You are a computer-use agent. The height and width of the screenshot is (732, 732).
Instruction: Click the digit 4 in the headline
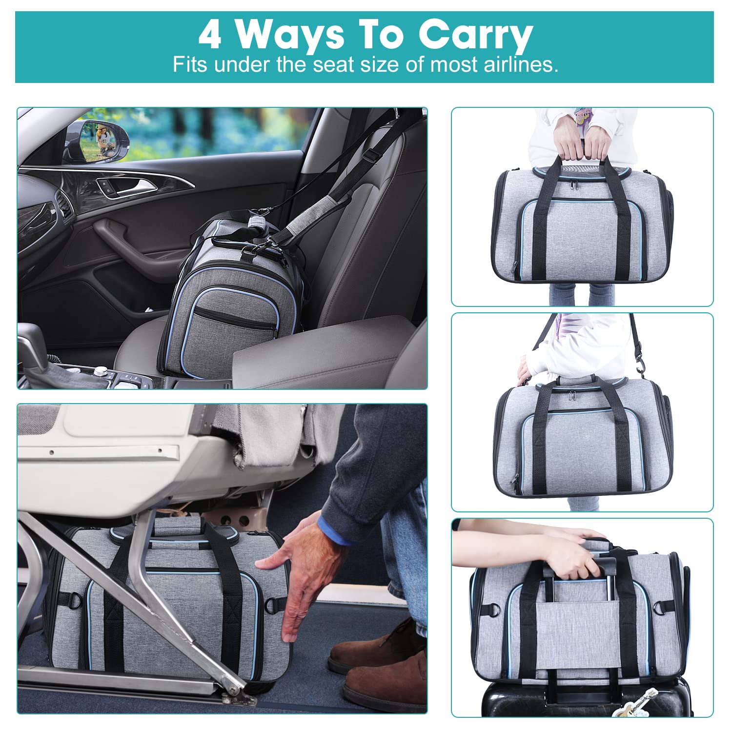[x=210, y=35]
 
